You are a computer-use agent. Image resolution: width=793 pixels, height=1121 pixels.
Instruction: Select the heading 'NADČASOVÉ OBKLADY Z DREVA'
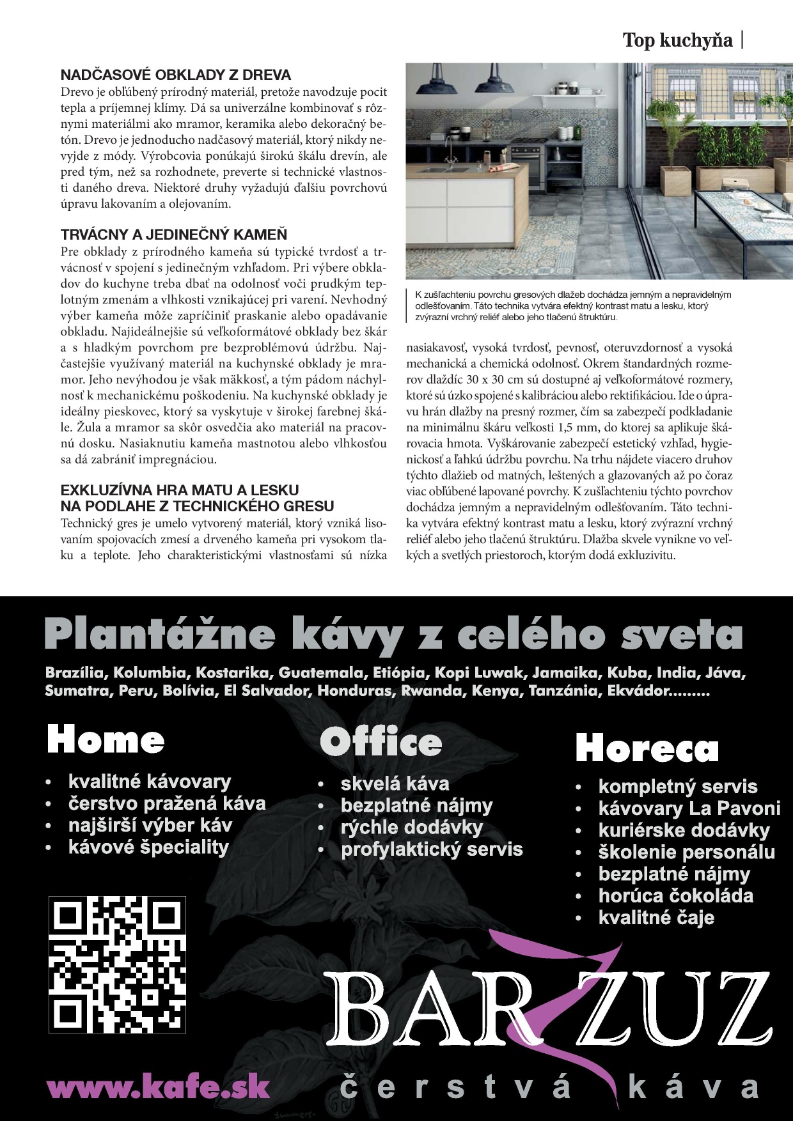[176, 75]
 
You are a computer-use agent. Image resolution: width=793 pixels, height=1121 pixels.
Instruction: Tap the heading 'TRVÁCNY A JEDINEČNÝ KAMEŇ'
[174, 234]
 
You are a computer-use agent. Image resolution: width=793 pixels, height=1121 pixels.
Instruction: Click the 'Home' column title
[106, 740]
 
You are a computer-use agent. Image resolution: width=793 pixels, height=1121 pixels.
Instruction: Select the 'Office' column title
[381, 742]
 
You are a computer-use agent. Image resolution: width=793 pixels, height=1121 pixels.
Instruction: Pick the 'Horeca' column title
[647, 748]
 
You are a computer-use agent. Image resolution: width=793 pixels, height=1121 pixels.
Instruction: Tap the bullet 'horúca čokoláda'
[675, 895]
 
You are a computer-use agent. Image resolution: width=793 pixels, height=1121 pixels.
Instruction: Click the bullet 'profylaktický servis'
[432, 849]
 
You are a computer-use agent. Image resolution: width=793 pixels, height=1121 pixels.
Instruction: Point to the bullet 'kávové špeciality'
[148, 847]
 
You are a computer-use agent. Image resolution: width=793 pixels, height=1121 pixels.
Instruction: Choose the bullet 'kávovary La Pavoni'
[689, 808]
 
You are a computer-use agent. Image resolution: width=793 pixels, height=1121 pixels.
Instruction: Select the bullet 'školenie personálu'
[686, 852]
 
